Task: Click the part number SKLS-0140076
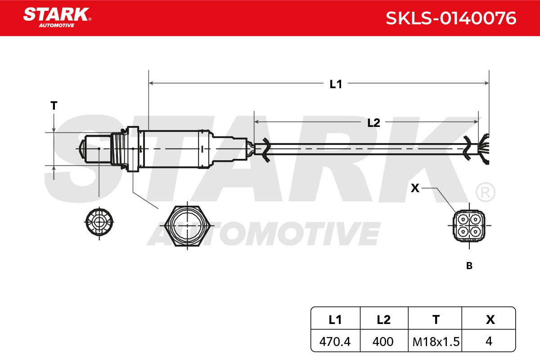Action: pos(451,18)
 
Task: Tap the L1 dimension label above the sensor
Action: pos(336,84)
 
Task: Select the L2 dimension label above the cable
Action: pos(373,123)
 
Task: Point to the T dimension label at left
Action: pos(54,106)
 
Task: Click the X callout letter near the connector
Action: pos(415,188)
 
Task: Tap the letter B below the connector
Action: pos(469,265)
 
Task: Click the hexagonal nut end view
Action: pos(188,226)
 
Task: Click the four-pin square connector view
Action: pos(469,226)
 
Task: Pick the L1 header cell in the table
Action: pos(335,318)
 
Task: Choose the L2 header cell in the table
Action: pos(384,318)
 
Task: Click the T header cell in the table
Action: pos(435,318)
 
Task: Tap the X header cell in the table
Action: pos(489,318)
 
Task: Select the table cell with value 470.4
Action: pos(335,341)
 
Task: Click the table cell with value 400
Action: pos(384,341)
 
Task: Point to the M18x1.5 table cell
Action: pos(435,341)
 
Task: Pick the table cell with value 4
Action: pos(489,341)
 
